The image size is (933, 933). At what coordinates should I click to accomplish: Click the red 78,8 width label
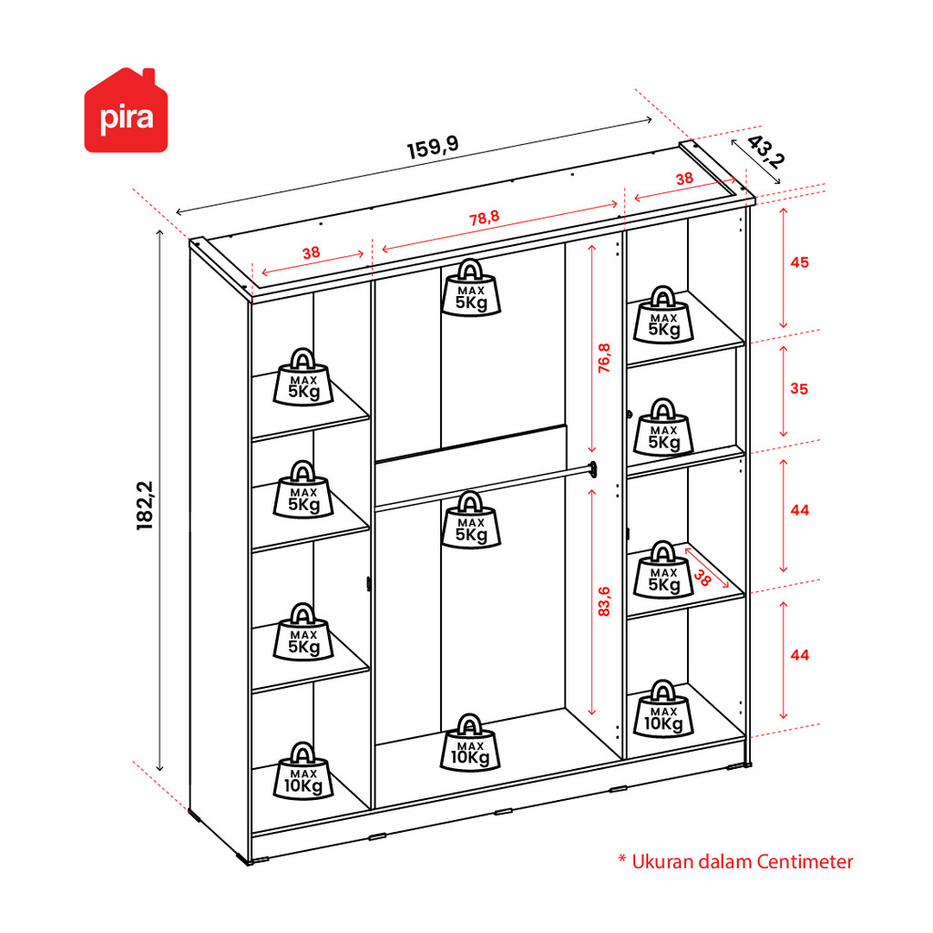[484, 219]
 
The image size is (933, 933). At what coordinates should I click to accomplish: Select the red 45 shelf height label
[799, 262]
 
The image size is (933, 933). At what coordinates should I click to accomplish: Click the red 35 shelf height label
[799, 389]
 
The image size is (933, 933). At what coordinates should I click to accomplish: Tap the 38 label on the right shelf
[702, 576]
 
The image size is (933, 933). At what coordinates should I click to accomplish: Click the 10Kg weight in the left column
[302, 771]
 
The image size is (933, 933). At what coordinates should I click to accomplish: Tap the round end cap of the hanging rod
[594, 470]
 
